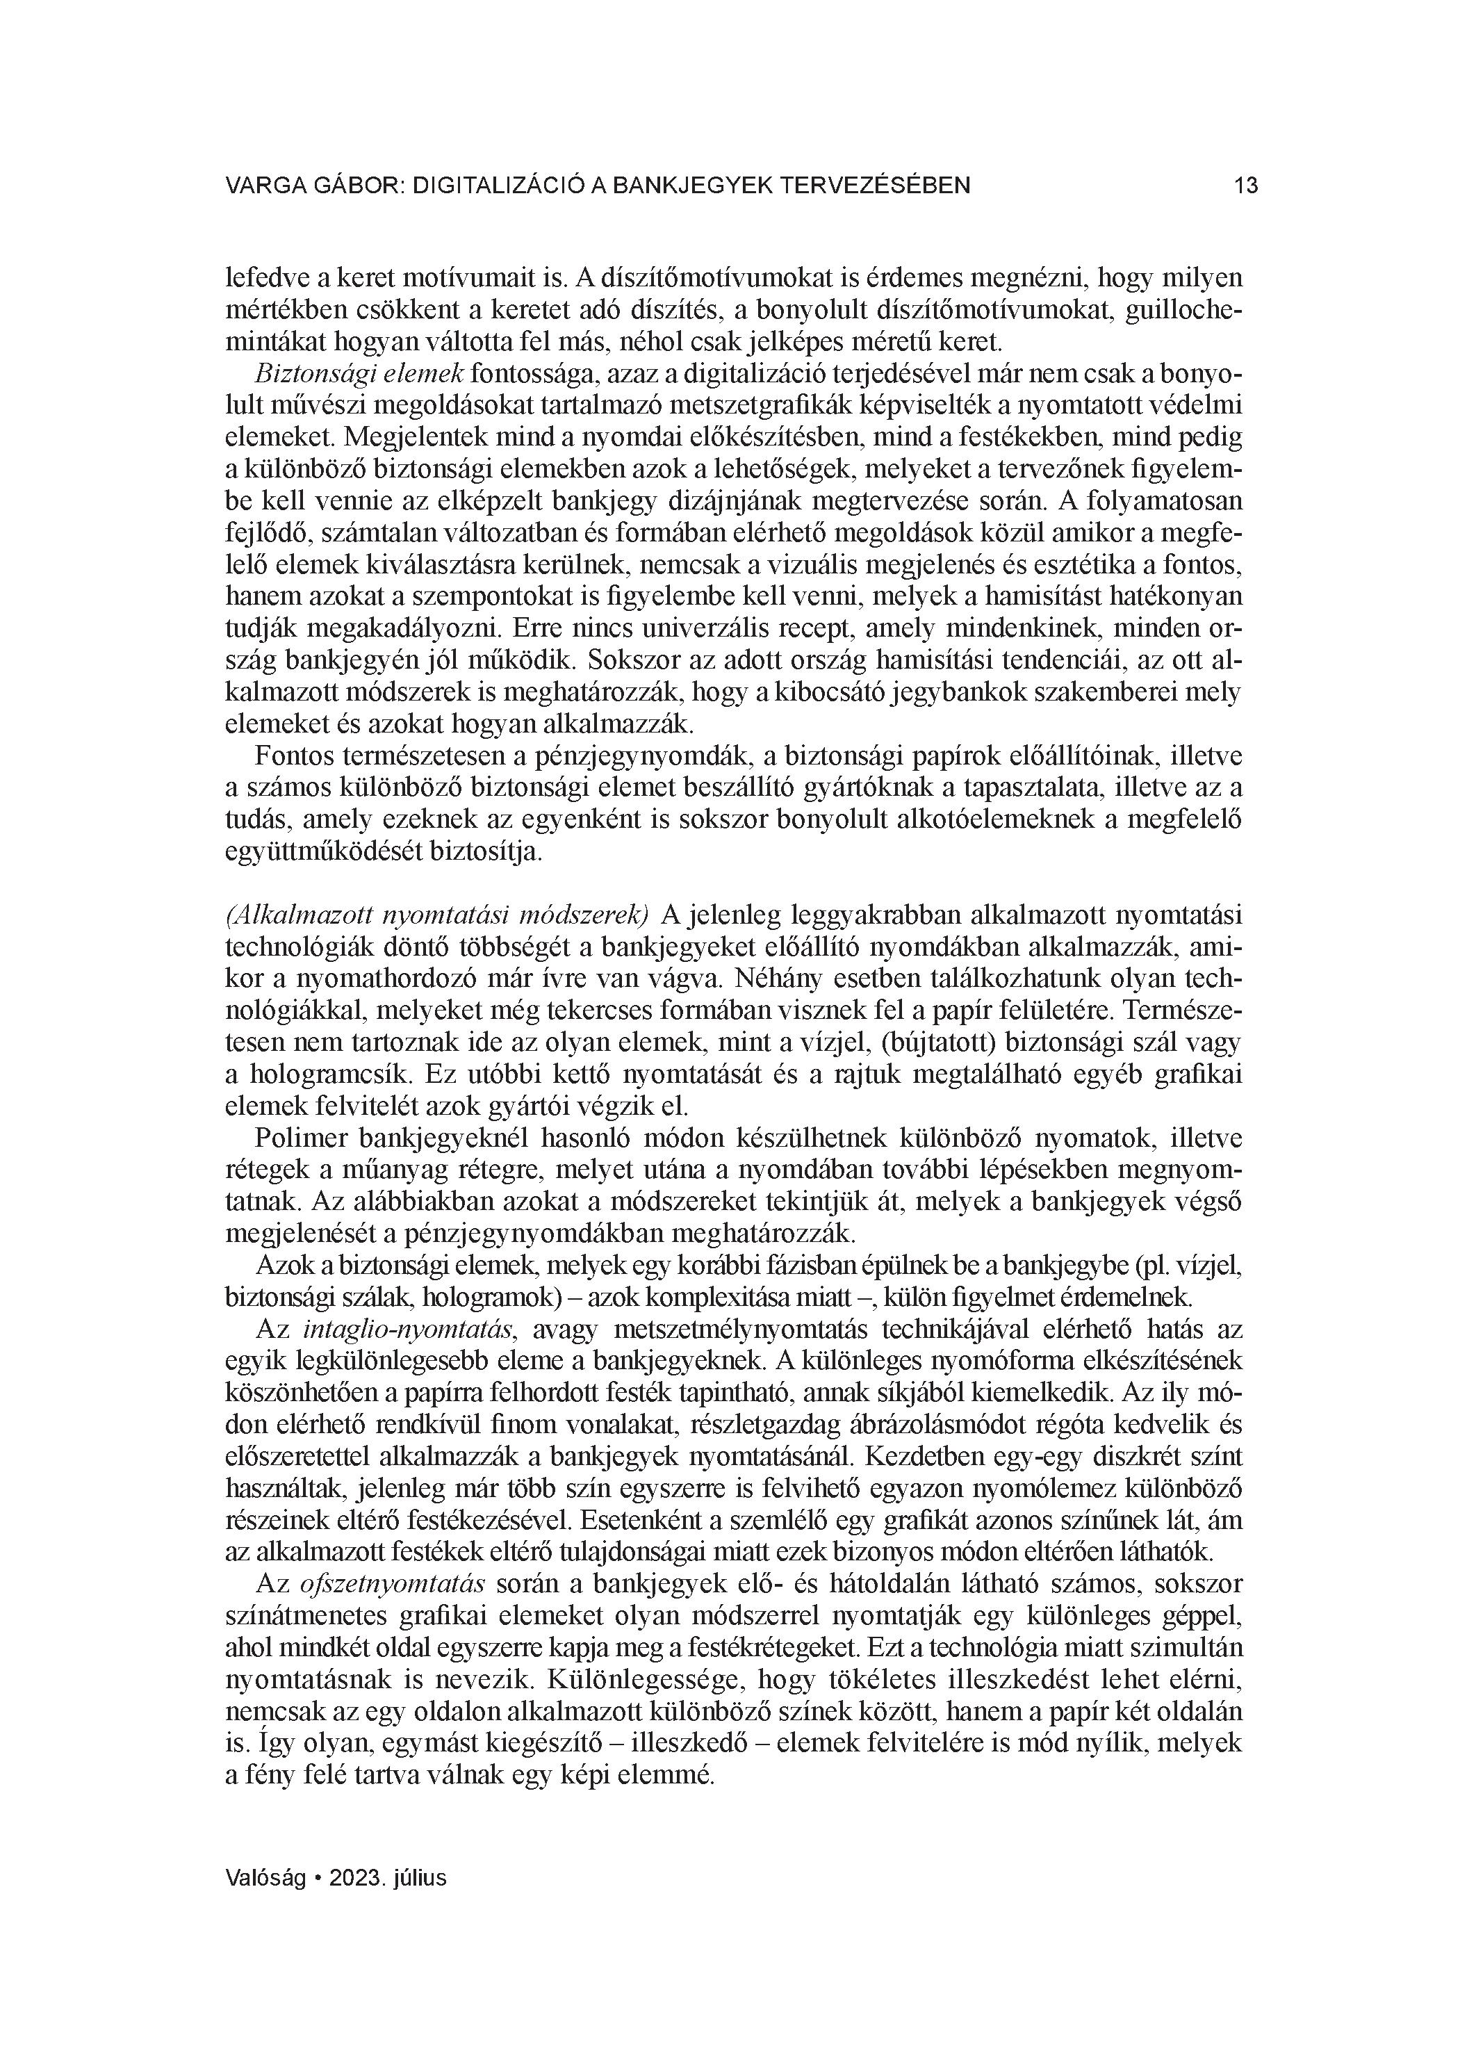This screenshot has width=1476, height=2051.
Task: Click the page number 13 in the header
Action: point(1245,186)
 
